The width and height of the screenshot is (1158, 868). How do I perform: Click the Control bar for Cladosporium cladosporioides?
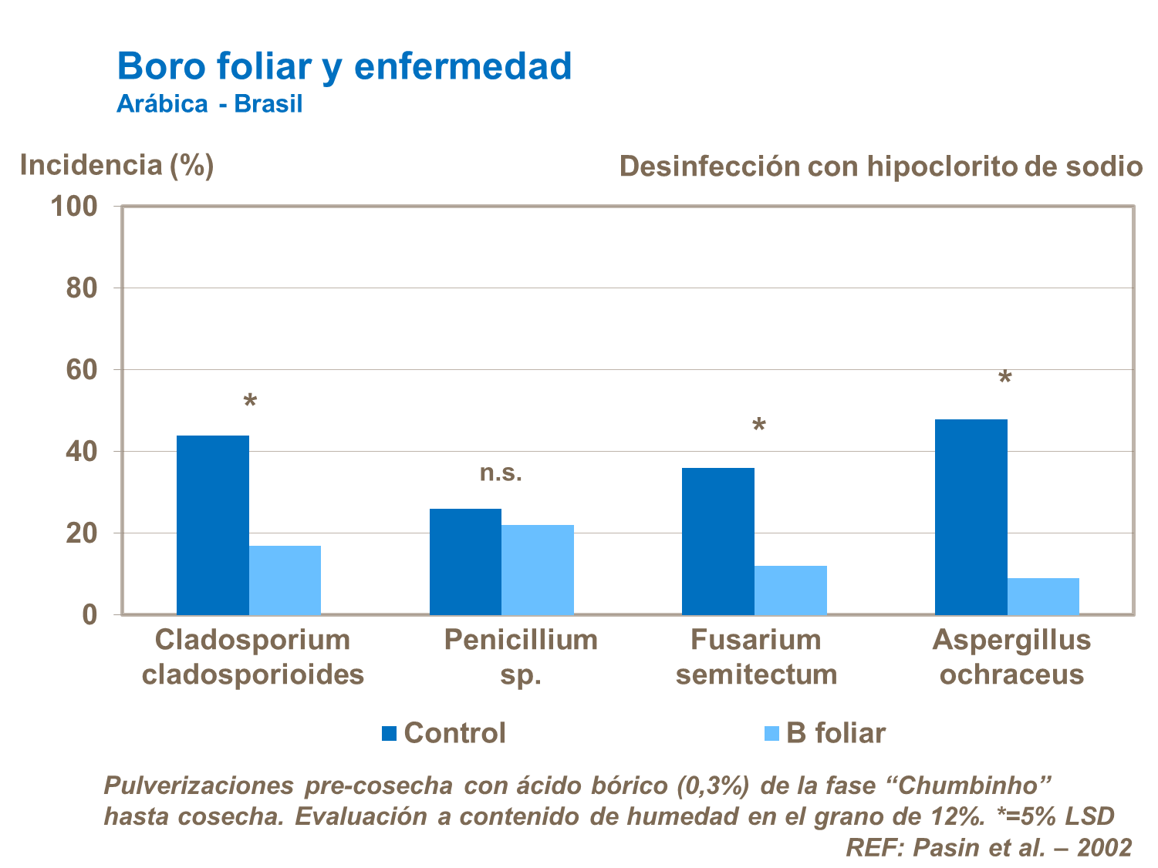coord(213,525)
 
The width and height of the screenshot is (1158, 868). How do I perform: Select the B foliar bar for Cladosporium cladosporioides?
coord(285,580)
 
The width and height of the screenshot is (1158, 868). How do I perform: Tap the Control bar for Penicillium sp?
coord(465,561)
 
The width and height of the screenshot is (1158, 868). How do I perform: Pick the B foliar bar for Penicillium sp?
coord(538,570)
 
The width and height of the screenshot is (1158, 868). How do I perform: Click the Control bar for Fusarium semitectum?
coord(718,541)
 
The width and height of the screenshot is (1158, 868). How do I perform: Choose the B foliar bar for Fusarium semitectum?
coord(791,590)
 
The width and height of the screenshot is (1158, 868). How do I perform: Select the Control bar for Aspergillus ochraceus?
coord(971,516)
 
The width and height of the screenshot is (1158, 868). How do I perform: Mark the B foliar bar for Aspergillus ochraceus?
coord(1043,596)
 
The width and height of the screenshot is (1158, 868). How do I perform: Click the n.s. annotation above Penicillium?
coord(501,473)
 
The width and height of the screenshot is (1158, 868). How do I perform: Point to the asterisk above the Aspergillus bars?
coord(1004,379)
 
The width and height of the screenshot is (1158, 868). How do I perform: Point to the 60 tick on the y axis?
coord(81,370)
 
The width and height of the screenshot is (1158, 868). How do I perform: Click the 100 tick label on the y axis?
coord(74,207)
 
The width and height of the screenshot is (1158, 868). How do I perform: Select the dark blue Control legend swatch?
coord(390,733)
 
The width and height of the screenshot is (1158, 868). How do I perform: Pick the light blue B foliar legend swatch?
coord(771,733)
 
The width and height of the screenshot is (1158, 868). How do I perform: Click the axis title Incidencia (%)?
coord(116,165)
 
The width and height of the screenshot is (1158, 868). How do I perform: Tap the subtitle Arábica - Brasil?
coord(209,104)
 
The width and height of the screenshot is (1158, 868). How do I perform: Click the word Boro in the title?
coord(160,66)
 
